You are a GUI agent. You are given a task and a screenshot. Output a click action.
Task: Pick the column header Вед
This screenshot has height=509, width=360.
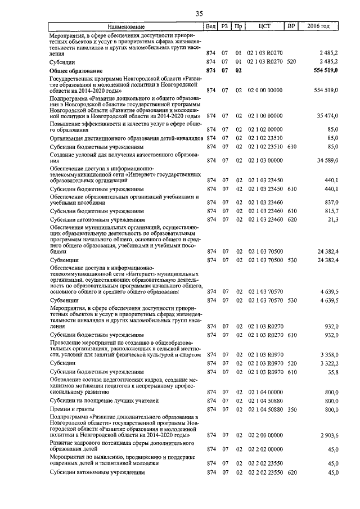click(x=211, y=26)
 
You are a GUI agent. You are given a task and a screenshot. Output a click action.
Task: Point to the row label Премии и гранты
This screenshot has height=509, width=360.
click(x=73, y=409)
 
